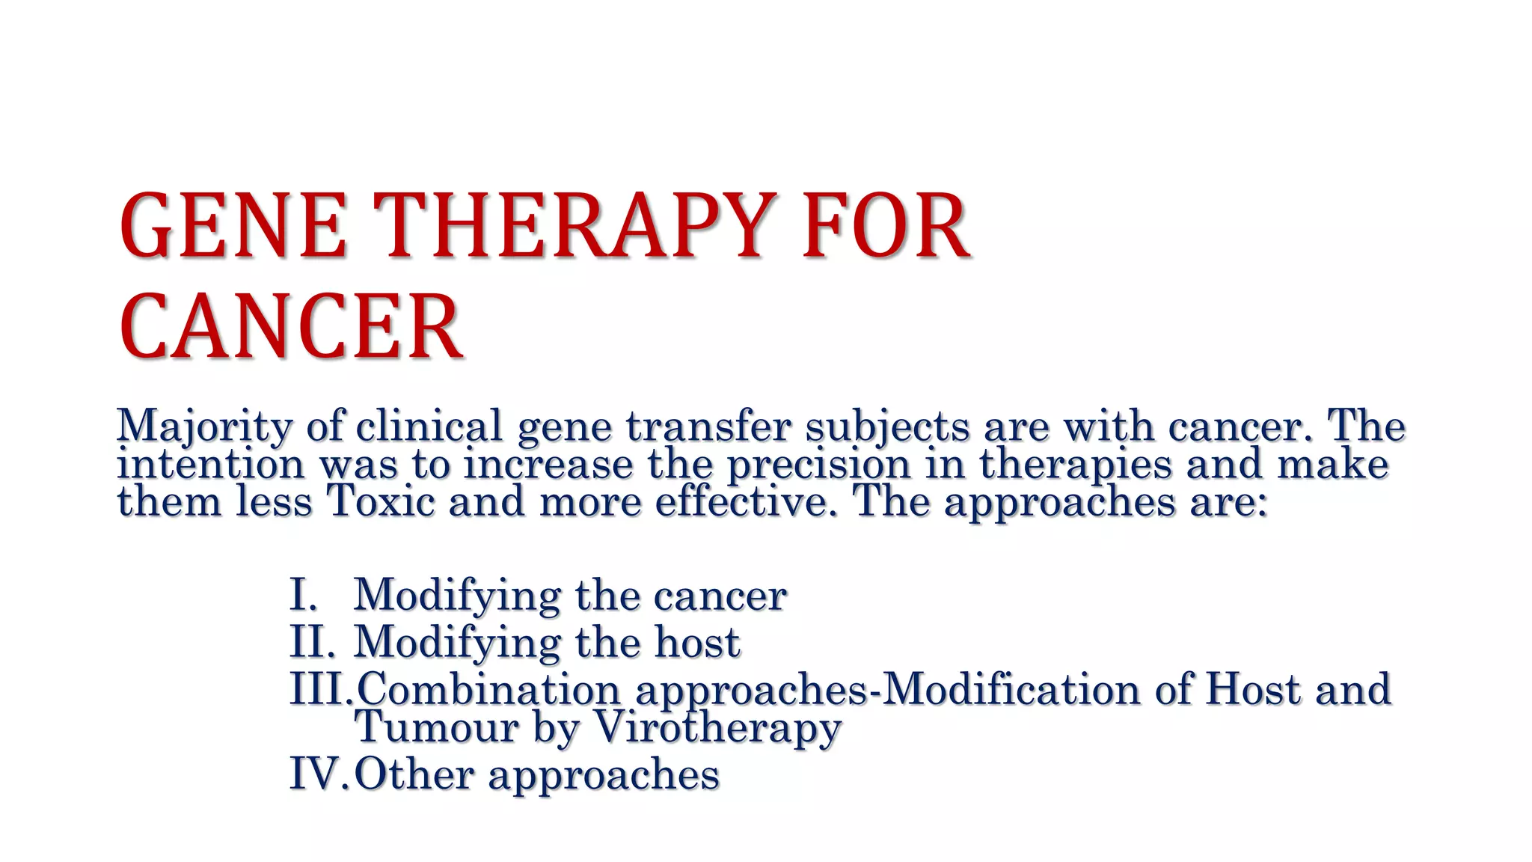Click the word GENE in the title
point(233,226)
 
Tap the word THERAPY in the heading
point(572,226)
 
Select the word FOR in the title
point(886,226)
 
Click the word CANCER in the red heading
point(291,327)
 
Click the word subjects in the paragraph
point(887,427)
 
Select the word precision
point(818,464)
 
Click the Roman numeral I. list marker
point(304,596)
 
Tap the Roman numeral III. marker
point(320,689)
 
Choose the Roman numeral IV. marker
point(318,774)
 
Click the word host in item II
point(697,642)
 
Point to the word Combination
point(488,689)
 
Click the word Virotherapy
point(717,727)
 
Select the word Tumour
point(436,727)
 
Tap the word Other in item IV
point(414,774)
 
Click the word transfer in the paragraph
point(708,427)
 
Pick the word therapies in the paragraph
point(1075,464)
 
